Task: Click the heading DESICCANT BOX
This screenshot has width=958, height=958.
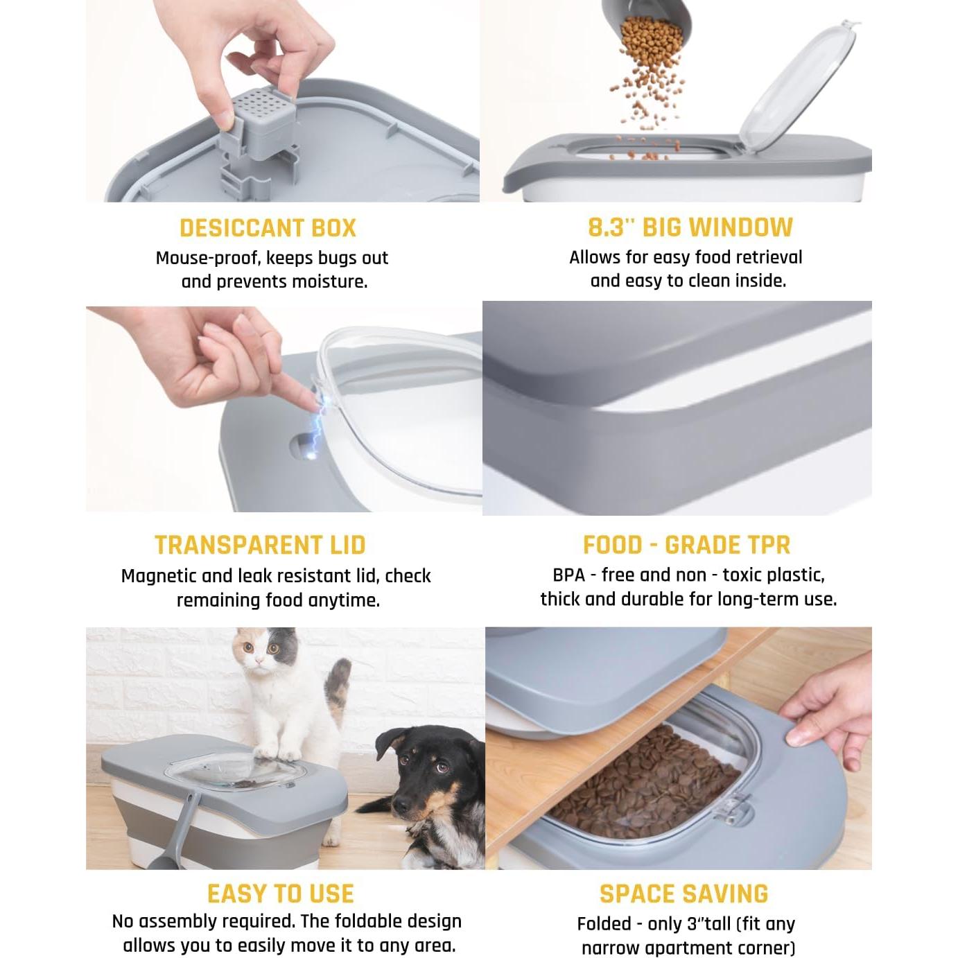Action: [x=268, y=228]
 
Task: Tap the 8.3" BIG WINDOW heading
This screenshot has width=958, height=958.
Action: [x=690, y=227]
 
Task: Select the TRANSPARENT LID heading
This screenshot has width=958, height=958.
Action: [x=260, y=545]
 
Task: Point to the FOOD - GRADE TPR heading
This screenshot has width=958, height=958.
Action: [x=686, y=545]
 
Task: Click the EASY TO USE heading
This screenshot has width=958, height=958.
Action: [x=280, y=894]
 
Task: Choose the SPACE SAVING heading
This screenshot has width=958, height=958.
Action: [x=683, y=894]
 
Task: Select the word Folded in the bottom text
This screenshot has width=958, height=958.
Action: [x=604, y=924]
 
